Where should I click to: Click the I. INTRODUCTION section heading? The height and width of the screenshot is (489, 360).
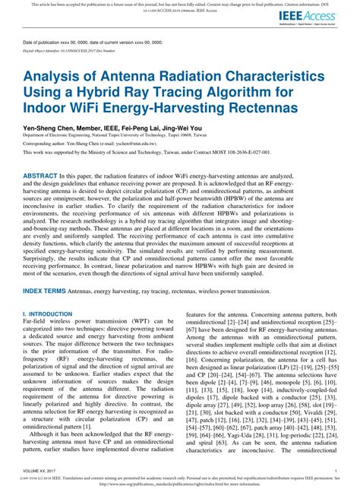(47, 334)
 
